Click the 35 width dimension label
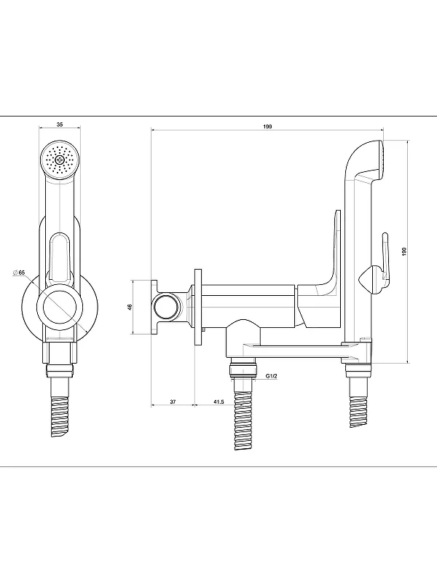(x=60, y=125)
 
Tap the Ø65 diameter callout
(x=19, y=273)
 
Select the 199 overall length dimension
(x=267, y=126)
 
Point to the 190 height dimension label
(x=405, y=251)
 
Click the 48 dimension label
(x=130, y=307)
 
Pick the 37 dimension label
(x=173, y=402)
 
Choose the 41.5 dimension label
(x=219, y=402)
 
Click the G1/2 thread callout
(x=272, y=376)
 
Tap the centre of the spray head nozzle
(x=60, y=160)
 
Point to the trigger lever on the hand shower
(x=385, y=260)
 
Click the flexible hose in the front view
(x=60, y=416)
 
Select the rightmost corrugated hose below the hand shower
(x=359, y=411)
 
